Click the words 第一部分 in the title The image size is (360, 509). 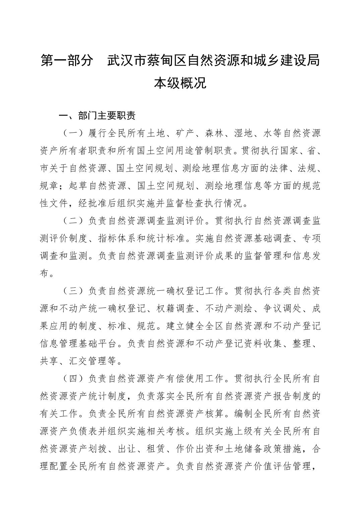(66, 61)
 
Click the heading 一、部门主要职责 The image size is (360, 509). (97, 116)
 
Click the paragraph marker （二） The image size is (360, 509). (73, 221)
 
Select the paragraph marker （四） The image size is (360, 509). (73, 379)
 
